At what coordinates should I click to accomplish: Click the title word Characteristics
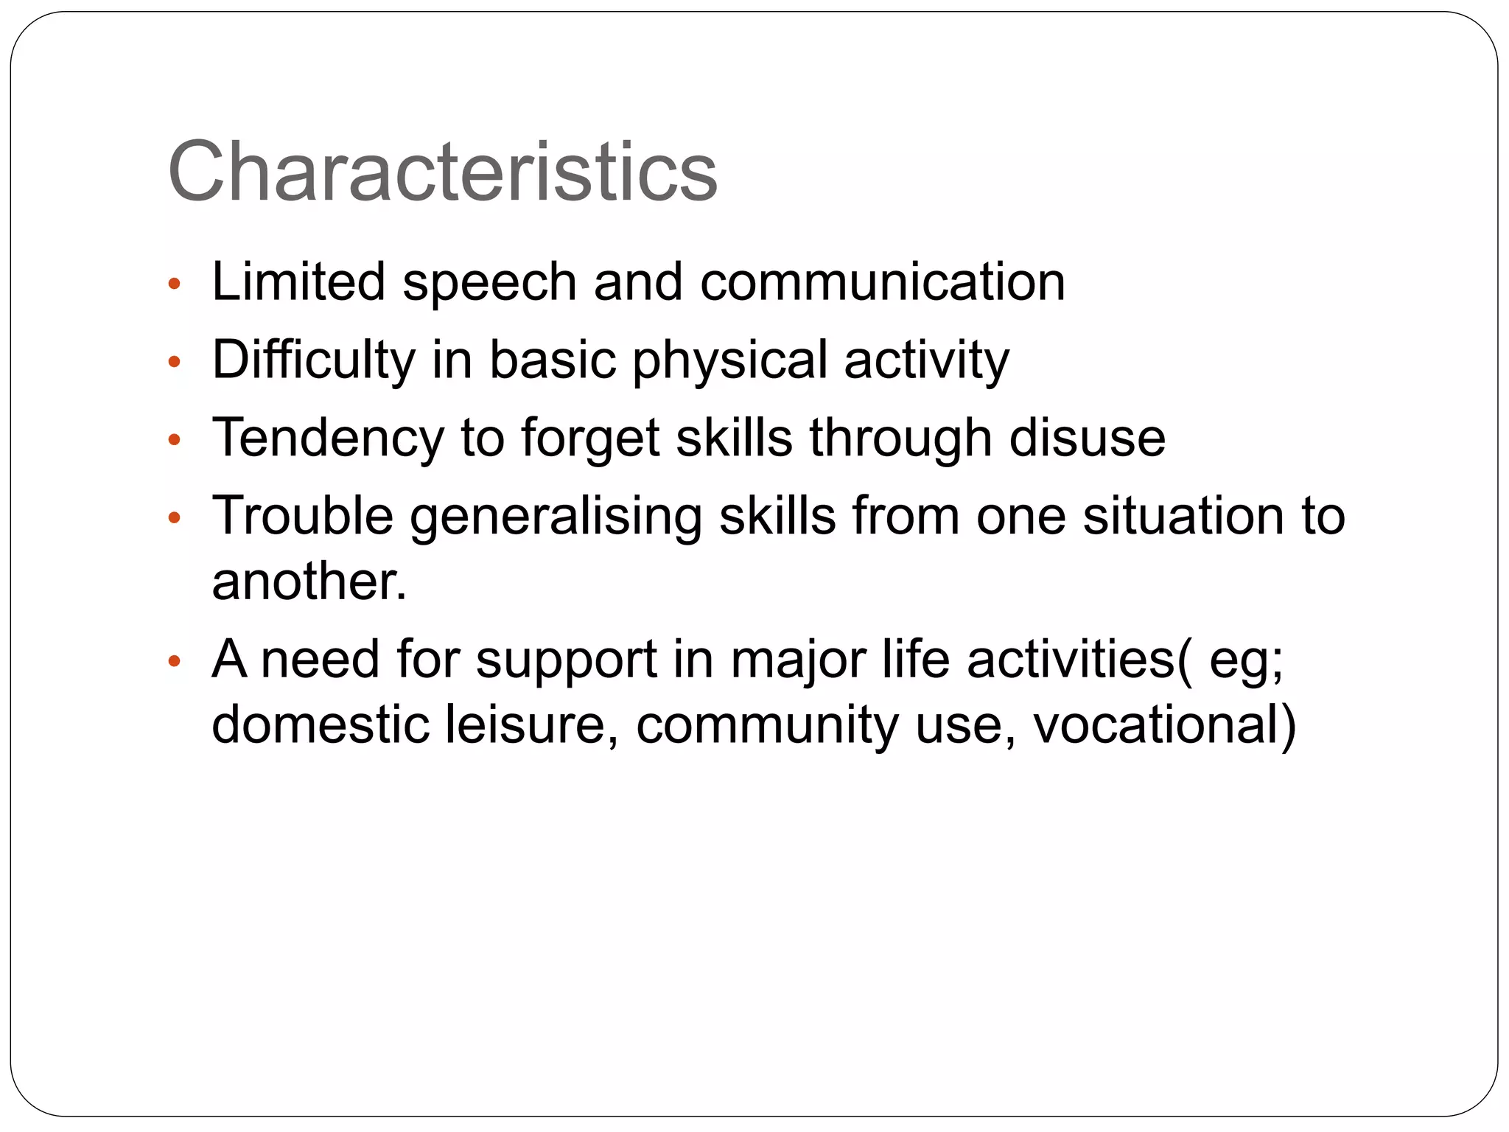(x=442, y=172)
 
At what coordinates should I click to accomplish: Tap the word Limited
(x=298, y=282)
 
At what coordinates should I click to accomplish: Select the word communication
(x=882, y=282)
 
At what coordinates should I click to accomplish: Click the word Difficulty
(x=314, y=360)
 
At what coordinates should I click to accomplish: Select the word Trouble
(x=302, y=516)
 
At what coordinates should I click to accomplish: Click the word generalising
(x=556, y=517)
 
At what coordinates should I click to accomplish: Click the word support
(x=566, y=660)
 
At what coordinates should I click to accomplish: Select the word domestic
(x=320, y=725)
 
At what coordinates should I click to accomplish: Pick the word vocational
(x=1164, y=726)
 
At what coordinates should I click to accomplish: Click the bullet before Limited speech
(x=174, y=284)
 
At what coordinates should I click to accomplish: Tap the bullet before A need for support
(x=174, y=661)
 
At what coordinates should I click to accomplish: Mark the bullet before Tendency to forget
(x=174, y=440)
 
